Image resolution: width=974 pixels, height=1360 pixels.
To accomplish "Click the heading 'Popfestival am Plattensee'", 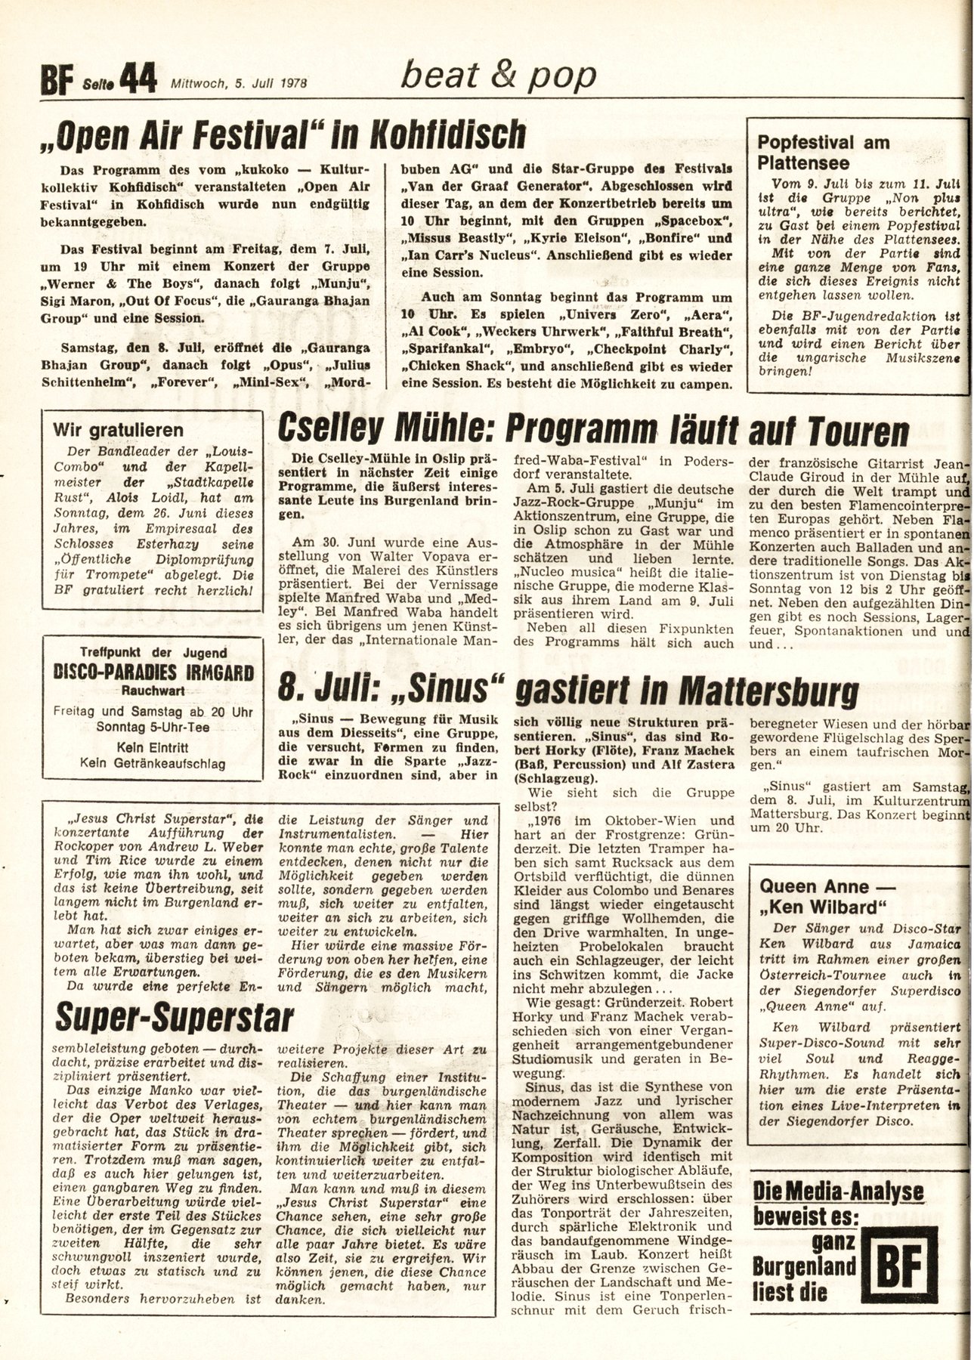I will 824,153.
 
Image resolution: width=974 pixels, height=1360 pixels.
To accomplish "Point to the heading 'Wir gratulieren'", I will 118,431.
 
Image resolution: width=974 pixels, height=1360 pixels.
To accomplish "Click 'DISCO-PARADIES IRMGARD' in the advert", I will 147,673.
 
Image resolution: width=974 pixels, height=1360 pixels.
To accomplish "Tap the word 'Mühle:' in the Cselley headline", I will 434,433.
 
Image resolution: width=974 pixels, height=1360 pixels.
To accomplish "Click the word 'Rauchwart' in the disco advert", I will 147,690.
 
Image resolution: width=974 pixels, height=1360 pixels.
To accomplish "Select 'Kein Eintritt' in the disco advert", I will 147,746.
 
